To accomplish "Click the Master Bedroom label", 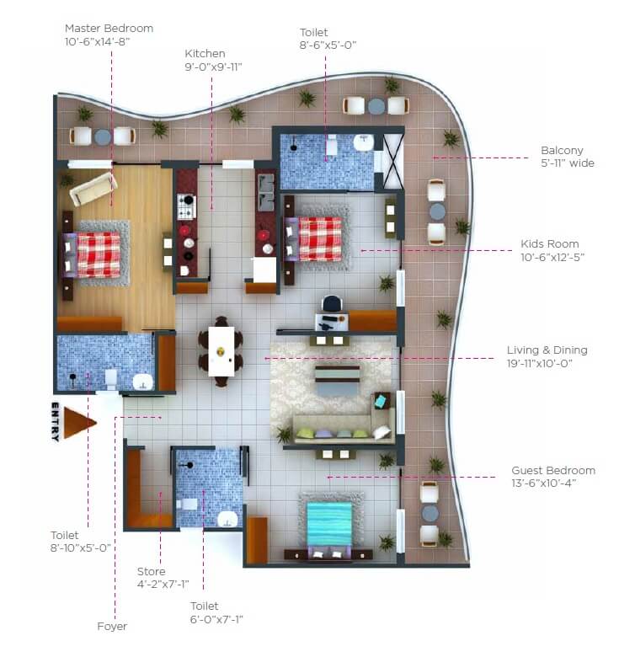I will point(108,28).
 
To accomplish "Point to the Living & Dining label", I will point(547,350).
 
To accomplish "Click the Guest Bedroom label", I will point(553,471).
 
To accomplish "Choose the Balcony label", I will point(562,151).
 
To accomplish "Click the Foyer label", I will point(112,626).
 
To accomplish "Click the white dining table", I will point(221,350).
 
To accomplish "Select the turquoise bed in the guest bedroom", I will point(328,521).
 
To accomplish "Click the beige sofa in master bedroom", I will point(93,188).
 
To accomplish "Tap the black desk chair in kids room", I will point(332,303).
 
